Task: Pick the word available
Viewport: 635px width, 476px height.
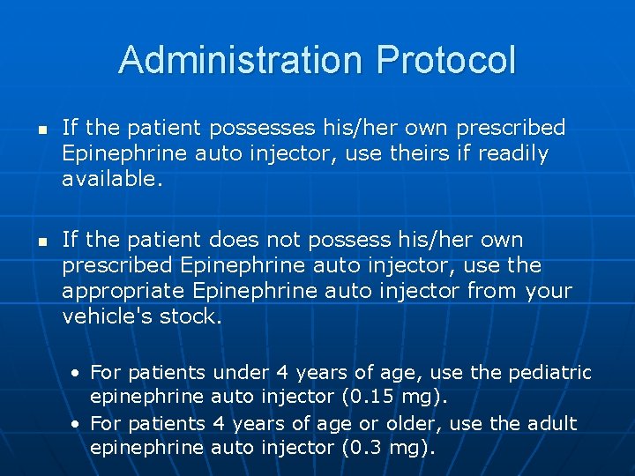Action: point(113,180)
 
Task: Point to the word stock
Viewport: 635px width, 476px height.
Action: point(190,316)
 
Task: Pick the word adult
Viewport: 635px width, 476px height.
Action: point(551,423)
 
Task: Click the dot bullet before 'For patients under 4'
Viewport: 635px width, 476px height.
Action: point(78,373)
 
